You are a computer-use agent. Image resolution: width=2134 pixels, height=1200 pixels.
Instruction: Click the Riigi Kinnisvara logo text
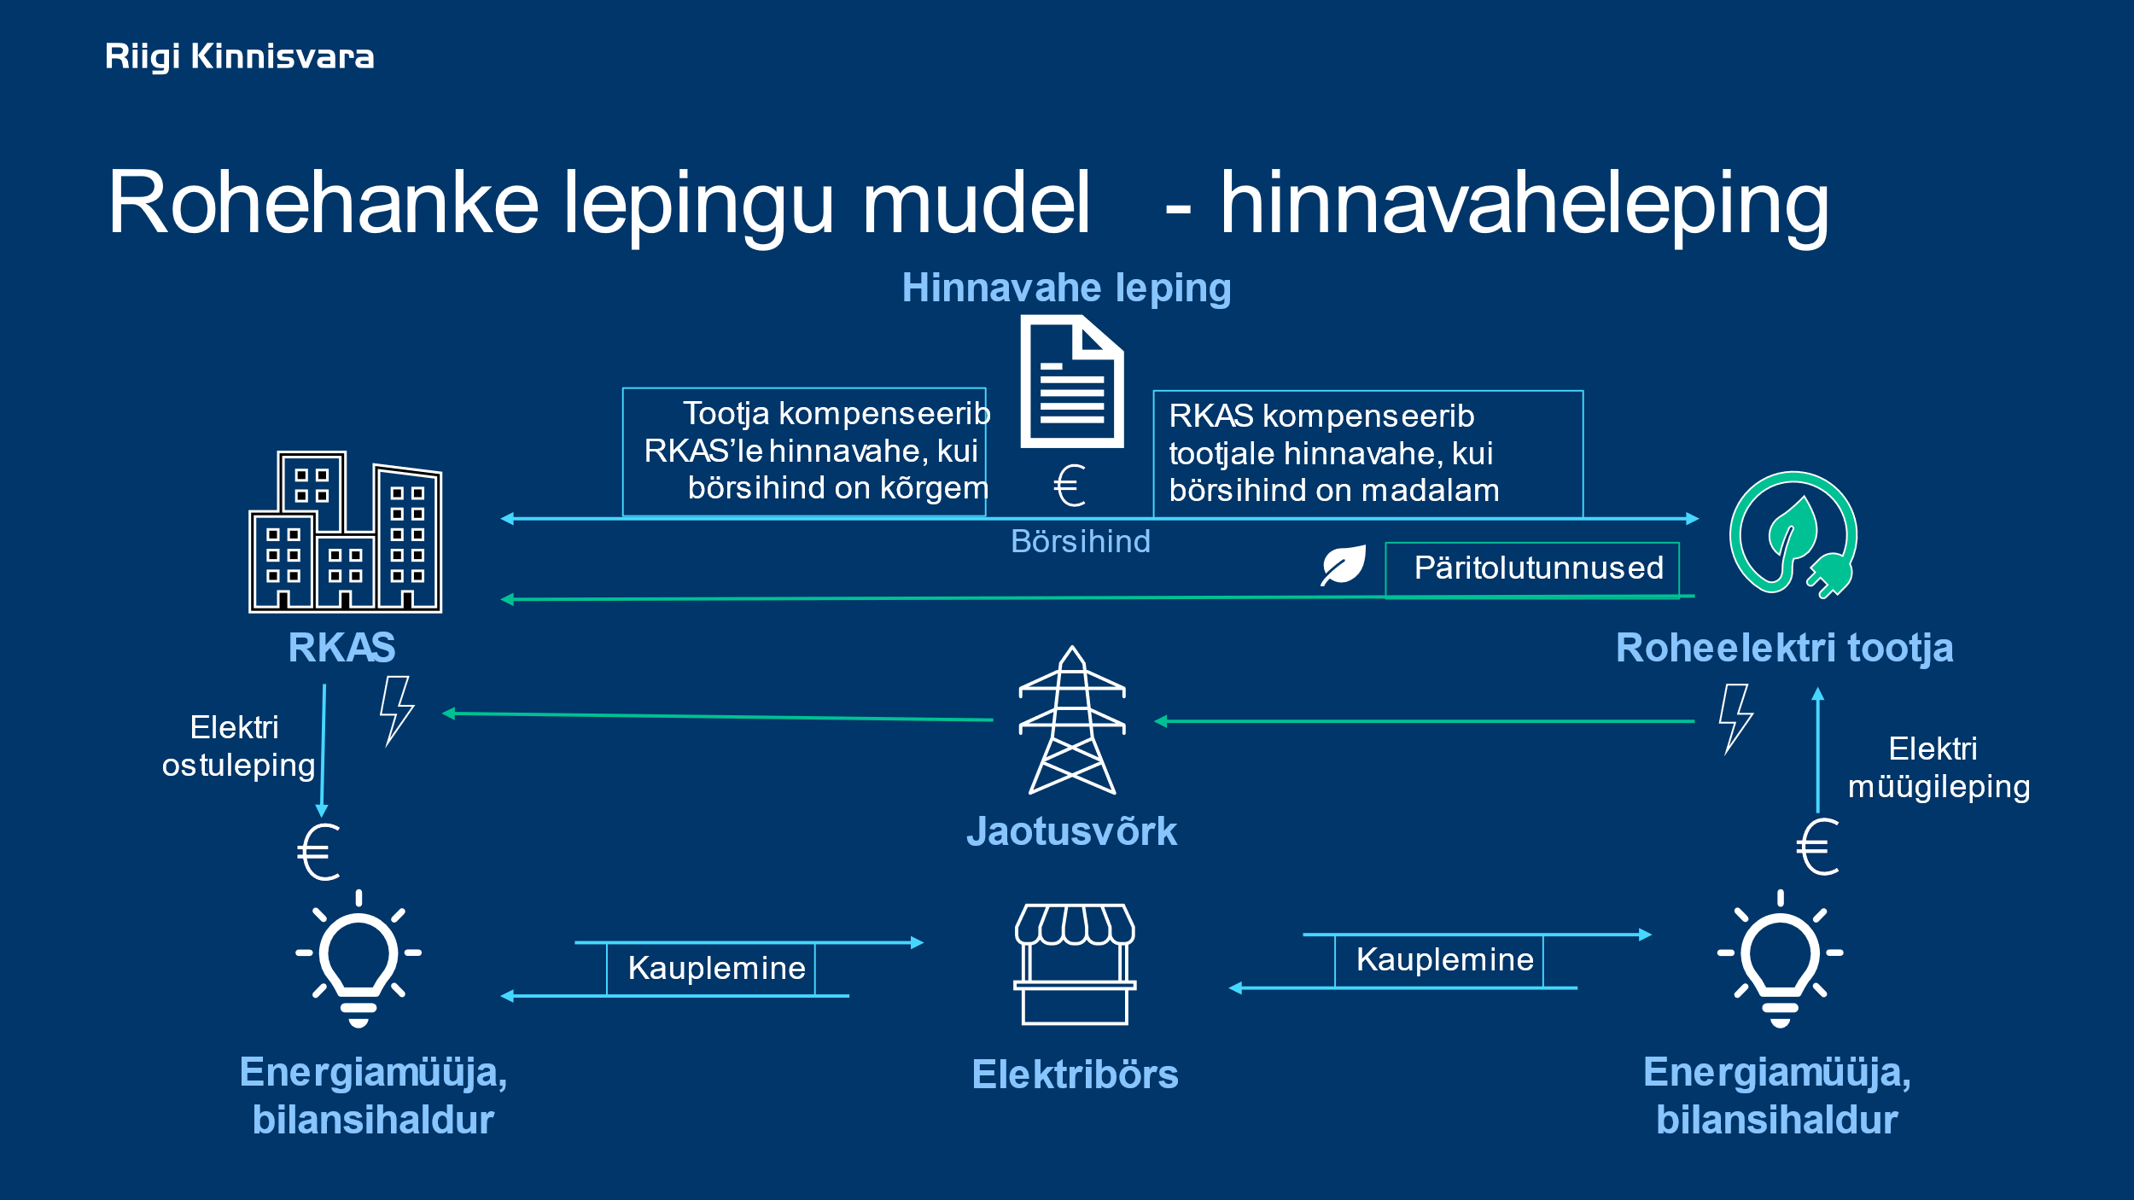point(239,56)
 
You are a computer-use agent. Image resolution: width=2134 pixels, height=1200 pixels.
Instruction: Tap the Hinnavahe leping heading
point(1066,288)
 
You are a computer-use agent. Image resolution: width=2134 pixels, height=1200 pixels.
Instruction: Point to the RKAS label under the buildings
point(341,648)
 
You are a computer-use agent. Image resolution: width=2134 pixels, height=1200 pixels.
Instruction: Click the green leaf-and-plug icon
point(1793,533)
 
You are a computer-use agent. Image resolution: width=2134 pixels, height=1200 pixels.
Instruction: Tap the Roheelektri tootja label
point(1784,648)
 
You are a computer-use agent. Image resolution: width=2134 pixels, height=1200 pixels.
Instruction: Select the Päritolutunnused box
point(1532,569)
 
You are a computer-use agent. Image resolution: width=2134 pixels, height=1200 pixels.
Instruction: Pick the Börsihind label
point(1080,542)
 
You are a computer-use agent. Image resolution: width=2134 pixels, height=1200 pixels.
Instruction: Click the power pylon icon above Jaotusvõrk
point(1072,721)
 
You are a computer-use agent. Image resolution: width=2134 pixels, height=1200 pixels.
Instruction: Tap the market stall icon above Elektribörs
point(1075,964)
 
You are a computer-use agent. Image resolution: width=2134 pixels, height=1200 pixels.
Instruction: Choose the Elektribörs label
point(1075,1075)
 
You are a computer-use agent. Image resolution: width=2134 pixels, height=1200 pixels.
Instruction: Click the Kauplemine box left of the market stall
point(711,969)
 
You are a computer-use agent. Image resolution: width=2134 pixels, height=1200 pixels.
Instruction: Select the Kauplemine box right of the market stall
point(1439,960)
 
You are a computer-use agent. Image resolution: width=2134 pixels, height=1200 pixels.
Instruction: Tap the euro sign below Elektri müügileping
point(1817,848)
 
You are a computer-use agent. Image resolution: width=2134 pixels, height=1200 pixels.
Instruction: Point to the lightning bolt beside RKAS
point(396,711)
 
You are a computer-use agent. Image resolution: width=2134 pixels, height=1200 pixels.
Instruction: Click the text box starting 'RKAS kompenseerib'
point(1367,454)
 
